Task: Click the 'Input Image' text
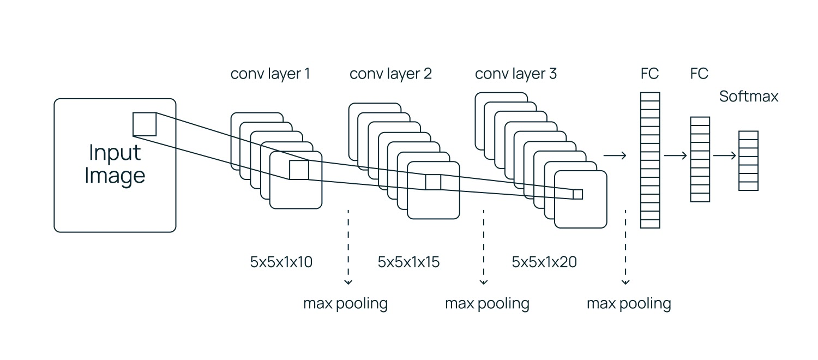(115, 164)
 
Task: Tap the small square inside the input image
(145, 124)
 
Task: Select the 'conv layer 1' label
(270, 74)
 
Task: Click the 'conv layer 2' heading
(390, 74)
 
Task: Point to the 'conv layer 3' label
(516, 74)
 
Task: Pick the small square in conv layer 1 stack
(299, 170)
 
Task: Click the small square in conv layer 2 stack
(433, 182)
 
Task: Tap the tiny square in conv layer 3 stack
(578, 194)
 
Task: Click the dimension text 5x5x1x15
(408, 262)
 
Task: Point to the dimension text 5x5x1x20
(544, 262)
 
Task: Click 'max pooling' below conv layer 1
(345, 303)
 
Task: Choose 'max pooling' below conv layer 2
(487, 303)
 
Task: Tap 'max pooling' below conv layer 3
(629, 303)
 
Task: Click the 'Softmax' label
(749, 97)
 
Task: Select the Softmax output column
(748, 160)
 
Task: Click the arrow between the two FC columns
(675, 155)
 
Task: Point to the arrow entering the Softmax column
(724, 155)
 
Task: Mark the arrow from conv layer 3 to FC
(615, 155)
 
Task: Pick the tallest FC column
(650, 160)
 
